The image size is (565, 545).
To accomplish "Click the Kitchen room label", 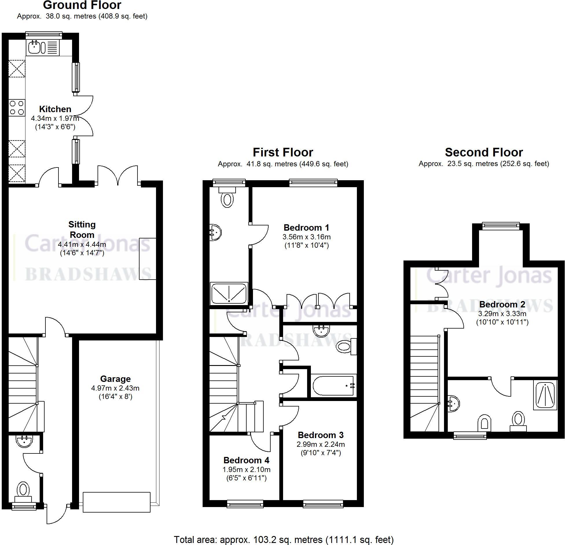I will coord(55,109).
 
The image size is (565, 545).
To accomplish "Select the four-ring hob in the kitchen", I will coord(17,107).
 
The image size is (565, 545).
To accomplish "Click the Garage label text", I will coord(115,379).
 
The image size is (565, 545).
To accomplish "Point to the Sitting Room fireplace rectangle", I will coord(148,259).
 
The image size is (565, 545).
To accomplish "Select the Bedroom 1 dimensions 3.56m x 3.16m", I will coord(307,237).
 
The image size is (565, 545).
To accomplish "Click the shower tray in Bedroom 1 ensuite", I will coord(229,293).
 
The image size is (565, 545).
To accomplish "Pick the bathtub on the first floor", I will coord(333,386).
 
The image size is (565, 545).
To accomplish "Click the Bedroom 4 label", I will coord(246,460).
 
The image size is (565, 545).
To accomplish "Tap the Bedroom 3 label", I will coord(320,435).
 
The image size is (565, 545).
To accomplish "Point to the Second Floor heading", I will coord(484,152).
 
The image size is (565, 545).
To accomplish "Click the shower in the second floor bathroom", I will coord(545,395).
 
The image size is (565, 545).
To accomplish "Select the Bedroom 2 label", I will coord(502,304).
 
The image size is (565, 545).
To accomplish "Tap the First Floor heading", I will coord(283,152).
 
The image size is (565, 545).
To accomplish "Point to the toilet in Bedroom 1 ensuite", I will coord(227,198).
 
